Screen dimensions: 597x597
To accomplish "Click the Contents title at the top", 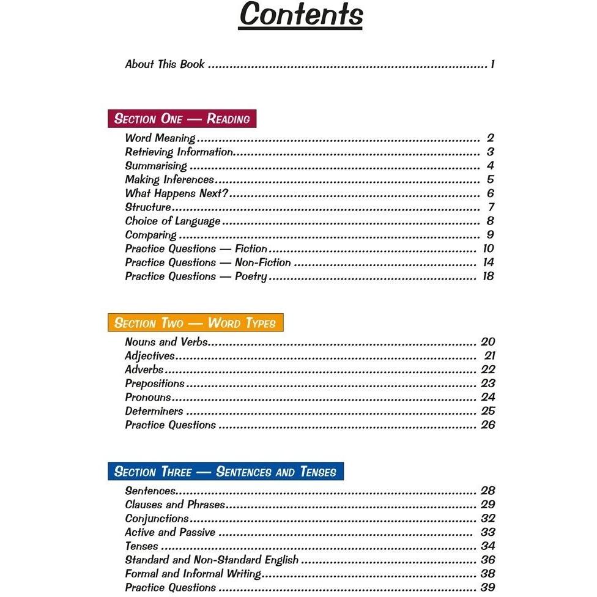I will click(x=300, y=15).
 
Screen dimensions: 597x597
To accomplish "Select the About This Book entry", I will click(x=165, y=64).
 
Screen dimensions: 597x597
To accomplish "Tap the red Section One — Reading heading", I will click(x=182, y=119).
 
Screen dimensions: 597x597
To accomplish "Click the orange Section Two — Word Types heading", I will click(x=195, y=323).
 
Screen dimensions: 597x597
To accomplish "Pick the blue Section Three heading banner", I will click(x=225, y=472).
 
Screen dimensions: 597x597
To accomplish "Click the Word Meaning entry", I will click(x=160, y=138).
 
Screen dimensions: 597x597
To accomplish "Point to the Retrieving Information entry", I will click(x=179, y=152).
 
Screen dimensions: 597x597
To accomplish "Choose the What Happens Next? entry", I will click(x=176, y=193).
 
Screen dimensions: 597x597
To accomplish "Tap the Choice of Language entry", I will click(x=172, y=221).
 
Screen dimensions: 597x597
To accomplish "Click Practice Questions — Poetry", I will click(x=196, y=276).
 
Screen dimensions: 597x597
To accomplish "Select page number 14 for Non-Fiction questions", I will click(x=488, y=262).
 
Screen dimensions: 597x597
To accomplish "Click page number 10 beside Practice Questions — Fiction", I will click(x=488, y=248).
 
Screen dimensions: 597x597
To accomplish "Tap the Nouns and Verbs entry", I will click(x=166, y=342).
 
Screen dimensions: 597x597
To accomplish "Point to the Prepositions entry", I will click(x=155, y=384).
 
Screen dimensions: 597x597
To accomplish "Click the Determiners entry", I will click(x=154, y=411).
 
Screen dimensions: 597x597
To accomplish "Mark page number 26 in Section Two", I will click(x=488, y=425).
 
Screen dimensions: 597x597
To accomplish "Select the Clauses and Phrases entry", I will click(x=175, y=505).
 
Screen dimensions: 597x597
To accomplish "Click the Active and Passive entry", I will click(x=170, y=532).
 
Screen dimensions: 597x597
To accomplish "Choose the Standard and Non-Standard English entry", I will click(x=212, y=560).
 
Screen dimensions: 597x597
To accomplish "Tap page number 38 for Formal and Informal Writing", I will click(x=488, y=574).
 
